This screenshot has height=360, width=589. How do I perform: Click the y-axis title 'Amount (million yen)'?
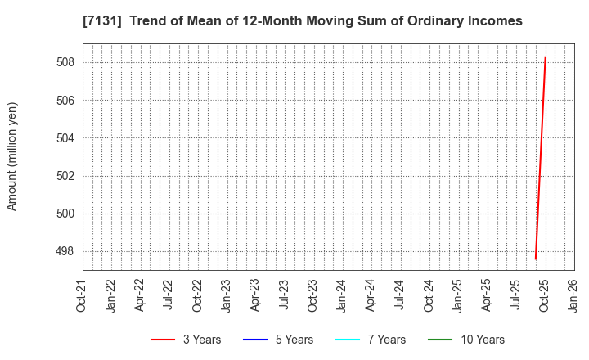(11, 156)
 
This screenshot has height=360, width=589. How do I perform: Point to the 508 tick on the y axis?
(66, 62)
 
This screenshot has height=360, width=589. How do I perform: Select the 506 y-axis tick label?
(66, 101)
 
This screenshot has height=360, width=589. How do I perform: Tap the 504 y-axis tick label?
(66, 138)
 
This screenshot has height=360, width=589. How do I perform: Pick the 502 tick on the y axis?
(66, 176)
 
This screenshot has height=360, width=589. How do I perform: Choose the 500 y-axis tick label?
(66, 214)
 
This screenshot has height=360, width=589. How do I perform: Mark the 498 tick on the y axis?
(66, 251)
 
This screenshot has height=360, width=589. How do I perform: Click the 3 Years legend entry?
(186, 340)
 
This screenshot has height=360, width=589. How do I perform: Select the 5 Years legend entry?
(278, 340)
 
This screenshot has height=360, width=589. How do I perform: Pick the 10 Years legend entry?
(466, 340)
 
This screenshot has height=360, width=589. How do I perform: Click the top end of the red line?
(545, 58)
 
